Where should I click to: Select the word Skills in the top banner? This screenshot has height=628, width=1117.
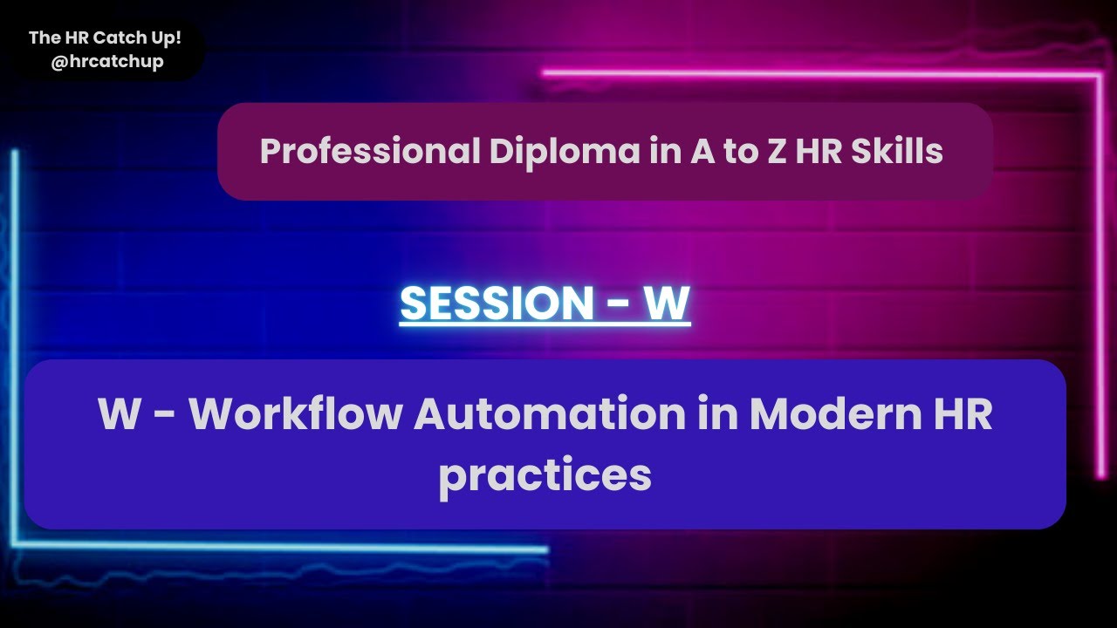899,152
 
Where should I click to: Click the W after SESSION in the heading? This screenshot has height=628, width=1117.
667,303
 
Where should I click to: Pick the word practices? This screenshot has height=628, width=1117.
545,475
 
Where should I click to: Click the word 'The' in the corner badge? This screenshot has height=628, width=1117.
44,38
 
